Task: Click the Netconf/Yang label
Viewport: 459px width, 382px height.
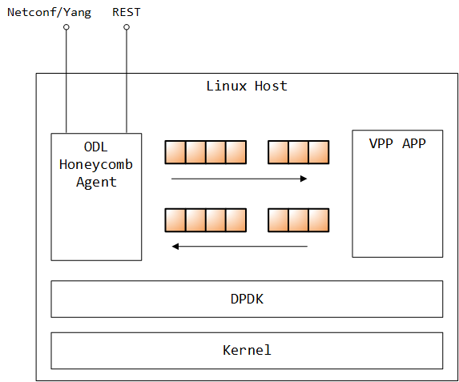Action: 49,11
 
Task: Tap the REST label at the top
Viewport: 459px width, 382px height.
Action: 127,11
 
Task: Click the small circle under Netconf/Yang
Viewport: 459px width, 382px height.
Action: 66,27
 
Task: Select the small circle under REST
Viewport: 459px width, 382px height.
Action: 127,27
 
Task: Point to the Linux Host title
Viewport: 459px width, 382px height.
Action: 246,86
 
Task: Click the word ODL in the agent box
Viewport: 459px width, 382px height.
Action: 96,147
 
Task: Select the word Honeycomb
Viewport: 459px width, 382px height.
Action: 96,164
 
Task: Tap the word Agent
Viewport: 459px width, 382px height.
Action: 96,182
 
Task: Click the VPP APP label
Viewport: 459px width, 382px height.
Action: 397,144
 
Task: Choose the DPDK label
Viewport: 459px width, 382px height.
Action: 247,300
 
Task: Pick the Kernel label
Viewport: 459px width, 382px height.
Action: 247,350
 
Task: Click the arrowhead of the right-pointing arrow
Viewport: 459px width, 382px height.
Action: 304,179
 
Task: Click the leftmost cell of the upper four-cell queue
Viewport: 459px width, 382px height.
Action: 175,152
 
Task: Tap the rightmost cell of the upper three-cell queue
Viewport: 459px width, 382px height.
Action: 319,152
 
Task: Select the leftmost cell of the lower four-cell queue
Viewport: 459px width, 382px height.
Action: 175,219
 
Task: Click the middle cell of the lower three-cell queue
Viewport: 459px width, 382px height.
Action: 299,219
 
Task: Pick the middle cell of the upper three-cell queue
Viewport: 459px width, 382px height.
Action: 299,152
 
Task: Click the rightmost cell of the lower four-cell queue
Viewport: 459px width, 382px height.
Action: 236,219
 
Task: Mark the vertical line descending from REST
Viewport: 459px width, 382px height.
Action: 127,80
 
